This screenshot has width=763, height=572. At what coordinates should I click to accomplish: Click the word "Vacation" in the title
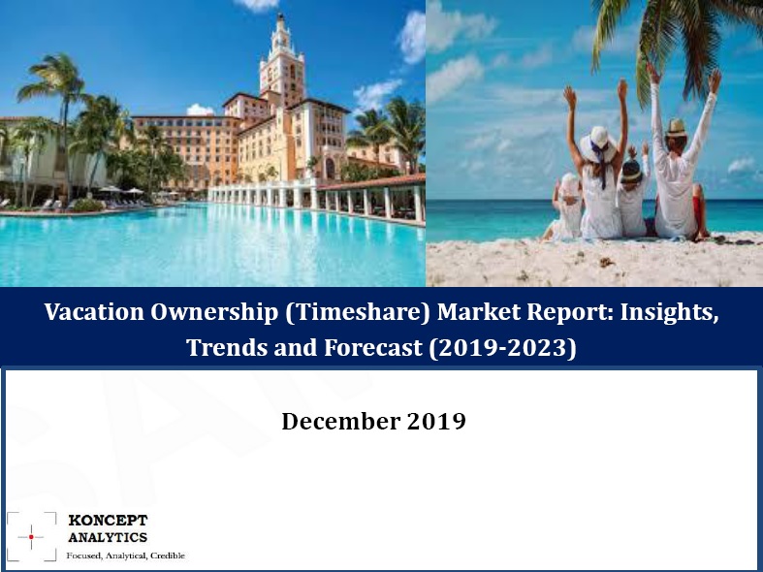pyautogui.click(x=92, y=314)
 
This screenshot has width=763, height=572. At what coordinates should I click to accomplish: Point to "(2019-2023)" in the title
pyautogui.click(x=502, y=346)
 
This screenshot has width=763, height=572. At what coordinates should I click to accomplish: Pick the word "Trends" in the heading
pyautogui.click(x=225, y=346)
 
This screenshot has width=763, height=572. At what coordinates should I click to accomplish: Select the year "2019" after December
pyautogui.click(x=433, y=423)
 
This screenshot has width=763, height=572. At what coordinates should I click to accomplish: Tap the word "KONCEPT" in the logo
pyautogui.click(x=107, y=520)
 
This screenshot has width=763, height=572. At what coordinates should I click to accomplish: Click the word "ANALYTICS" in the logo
pyautogui.click(x=108, y=537)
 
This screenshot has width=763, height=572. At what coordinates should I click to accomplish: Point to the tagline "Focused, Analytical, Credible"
pyautogui.click(x=125, y=556)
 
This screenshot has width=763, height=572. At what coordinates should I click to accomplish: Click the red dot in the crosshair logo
pyautogui.click(x=31, y=536)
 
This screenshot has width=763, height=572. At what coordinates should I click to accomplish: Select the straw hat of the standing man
pyautogui.click(x=676, y=127)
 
